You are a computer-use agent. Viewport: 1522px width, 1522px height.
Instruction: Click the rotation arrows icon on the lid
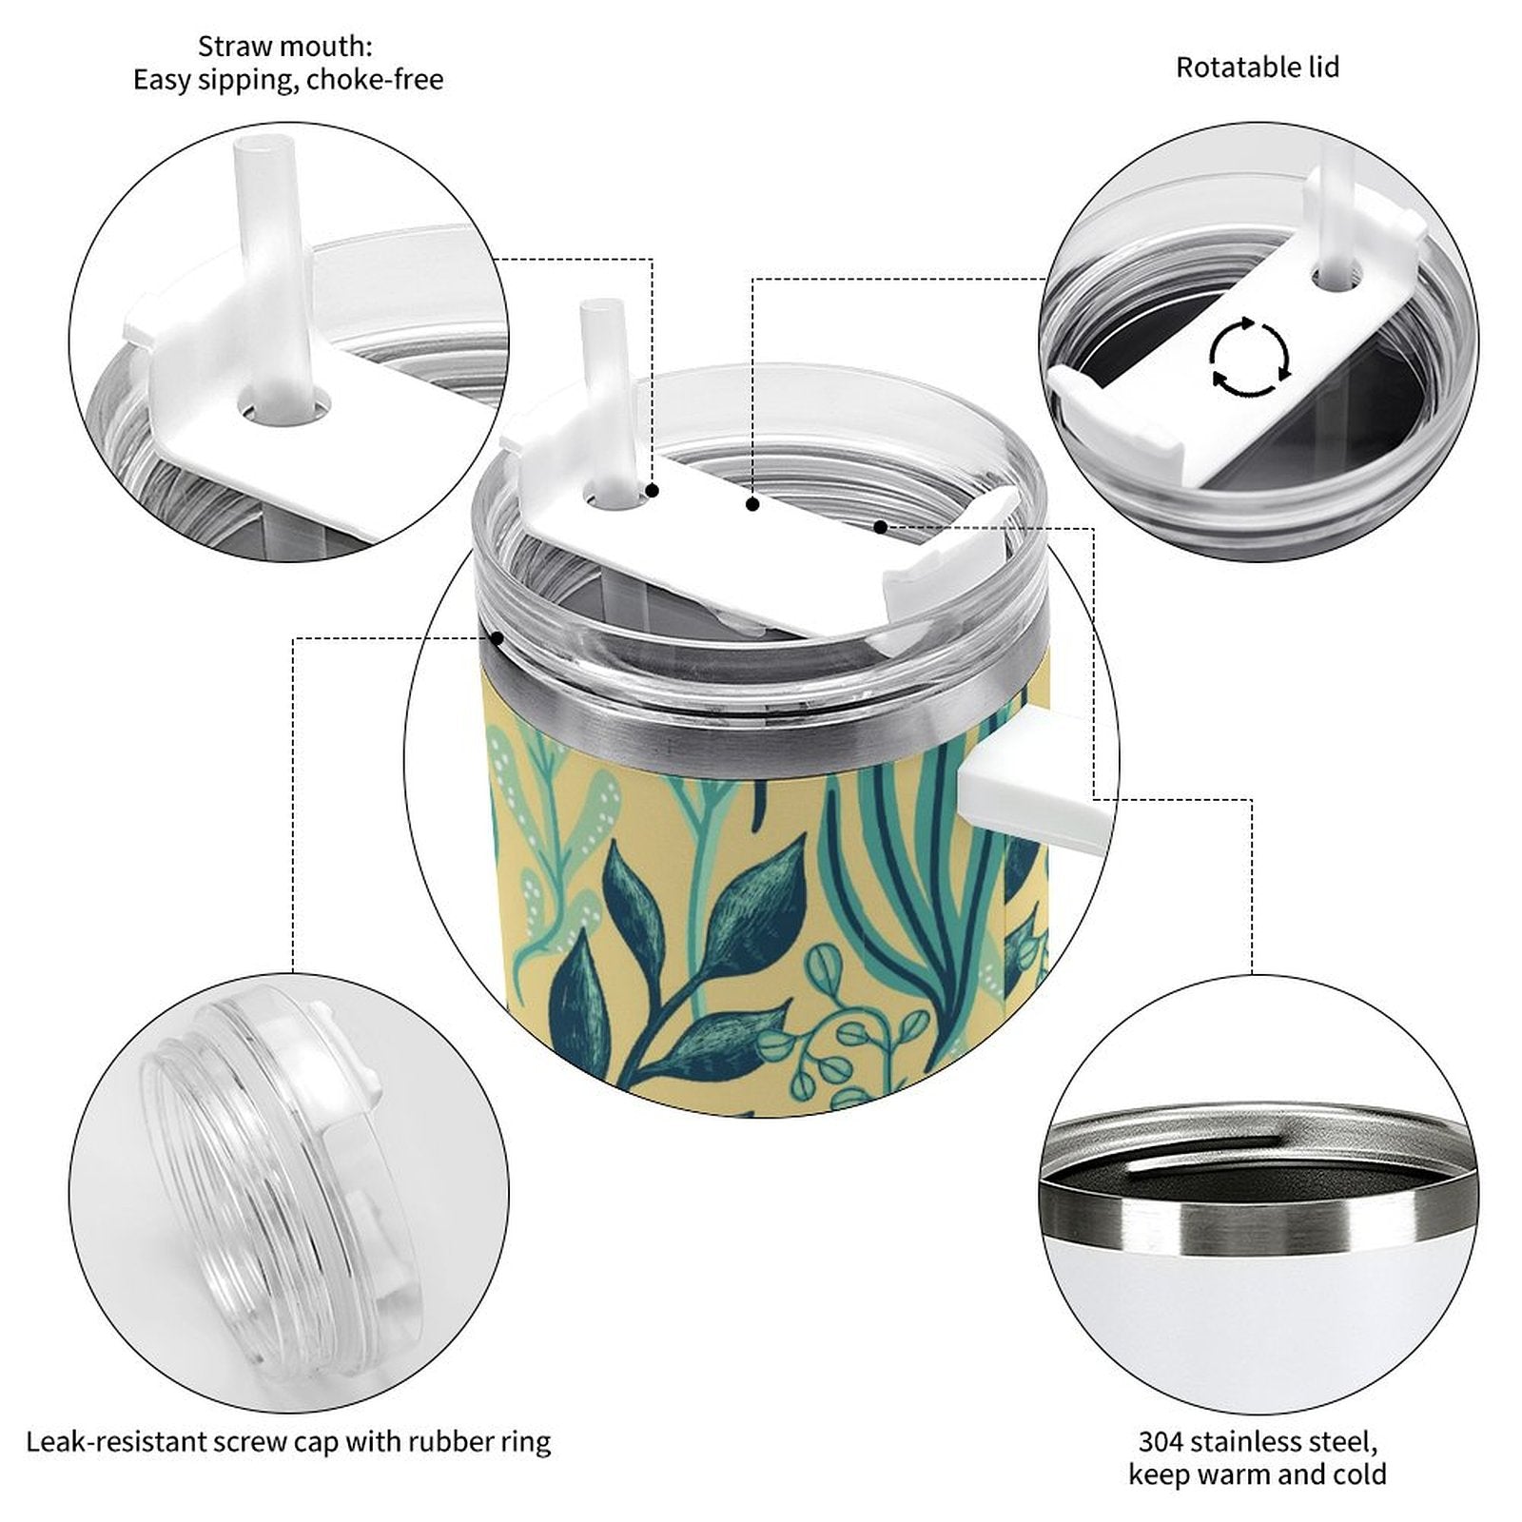click(1250, 358)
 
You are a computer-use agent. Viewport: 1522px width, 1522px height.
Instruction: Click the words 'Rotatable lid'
click(1258, 68)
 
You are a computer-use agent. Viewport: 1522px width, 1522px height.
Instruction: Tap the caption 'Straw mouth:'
click(285, 46)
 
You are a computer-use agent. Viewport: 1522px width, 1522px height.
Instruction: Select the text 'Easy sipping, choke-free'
click(288, 80)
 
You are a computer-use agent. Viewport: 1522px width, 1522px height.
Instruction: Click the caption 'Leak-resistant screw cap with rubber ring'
click(288, 1442)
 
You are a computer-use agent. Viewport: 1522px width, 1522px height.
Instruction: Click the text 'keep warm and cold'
click(1258, 1475)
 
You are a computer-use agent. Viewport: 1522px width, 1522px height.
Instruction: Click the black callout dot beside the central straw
click(653, 491)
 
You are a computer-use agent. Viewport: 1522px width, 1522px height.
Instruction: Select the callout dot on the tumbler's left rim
click(497, 638)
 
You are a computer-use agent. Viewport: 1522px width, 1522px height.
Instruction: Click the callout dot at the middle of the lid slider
click(752, 505)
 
